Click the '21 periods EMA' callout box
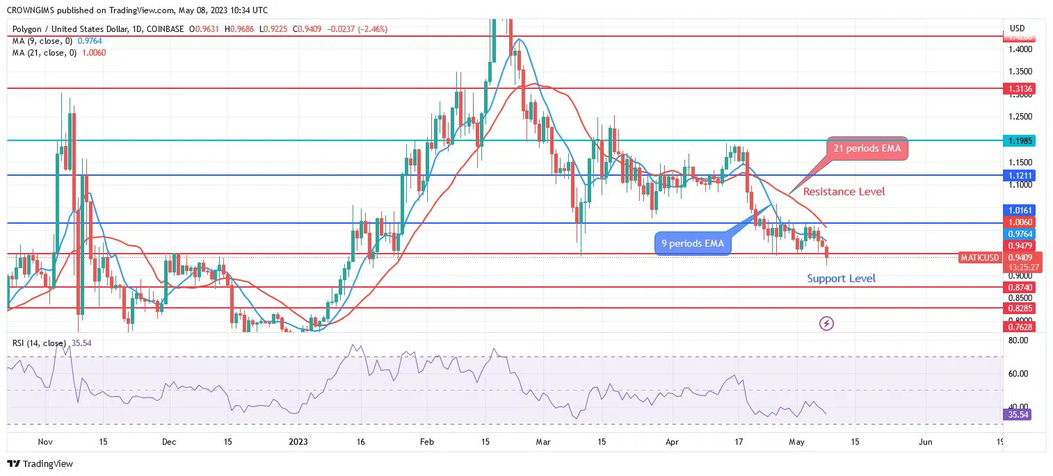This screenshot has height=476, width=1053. [867, 148]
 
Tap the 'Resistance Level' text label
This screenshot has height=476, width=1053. [844, 191]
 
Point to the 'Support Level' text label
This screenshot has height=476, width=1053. [841, 279]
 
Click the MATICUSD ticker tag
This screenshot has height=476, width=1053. [979, 258]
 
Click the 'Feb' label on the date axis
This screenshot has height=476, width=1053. [427, 441]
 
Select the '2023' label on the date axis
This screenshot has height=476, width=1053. [298, 441]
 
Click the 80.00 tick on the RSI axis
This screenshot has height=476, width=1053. [1018, 340]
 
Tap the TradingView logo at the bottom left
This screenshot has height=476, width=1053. [40, 463]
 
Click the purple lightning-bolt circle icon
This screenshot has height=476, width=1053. [827, 323]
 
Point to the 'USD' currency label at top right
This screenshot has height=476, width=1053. [1016, 28]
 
